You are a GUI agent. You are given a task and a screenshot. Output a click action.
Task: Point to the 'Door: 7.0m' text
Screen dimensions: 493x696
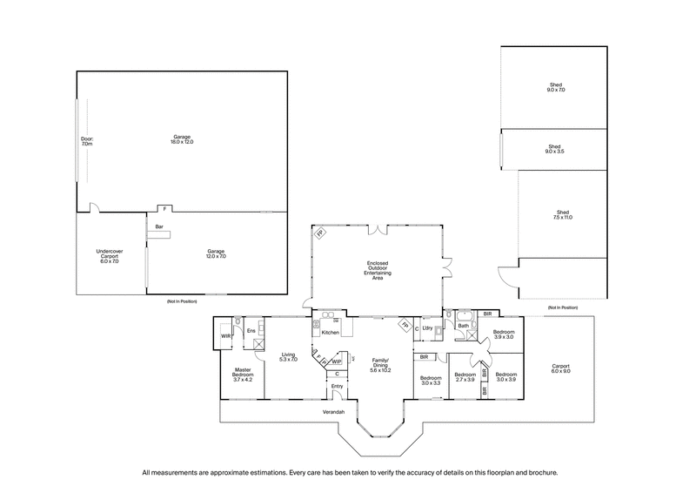click(x=86, y=140)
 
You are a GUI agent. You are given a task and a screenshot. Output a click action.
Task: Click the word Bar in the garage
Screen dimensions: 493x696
click(x=159, y=227)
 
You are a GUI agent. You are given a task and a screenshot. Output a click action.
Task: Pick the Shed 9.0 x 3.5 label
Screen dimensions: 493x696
click(x=555, y=149)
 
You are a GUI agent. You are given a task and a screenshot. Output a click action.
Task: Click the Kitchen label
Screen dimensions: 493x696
click(x=330, y=333)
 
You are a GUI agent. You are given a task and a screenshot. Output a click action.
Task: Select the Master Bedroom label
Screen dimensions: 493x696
click(x=243, y=375)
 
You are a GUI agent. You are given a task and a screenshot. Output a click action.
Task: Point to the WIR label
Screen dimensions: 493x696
click(x=225, y=335)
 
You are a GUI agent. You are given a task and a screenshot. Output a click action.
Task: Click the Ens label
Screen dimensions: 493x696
click(x=251, y=331)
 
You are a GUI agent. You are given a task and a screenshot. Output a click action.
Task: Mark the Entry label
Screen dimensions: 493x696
click(x=338, y=386)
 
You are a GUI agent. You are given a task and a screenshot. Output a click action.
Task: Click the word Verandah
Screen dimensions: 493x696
click(x=334, y=411)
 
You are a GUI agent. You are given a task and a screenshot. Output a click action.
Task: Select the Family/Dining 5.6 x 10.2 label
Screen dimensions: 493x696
click(x=381, y=367)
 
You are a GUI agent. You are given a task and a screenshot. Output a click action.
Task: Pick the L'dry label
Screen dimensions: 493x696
click(x=428, y=328)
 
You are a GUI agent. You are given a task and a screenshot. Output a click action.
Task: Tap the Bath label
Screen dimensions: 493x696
click(x=463, y=328)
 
